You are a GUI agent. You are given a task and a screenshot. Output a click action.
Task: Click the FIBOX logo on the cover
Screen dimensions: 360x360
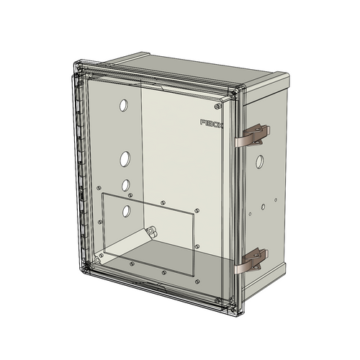point(212,124)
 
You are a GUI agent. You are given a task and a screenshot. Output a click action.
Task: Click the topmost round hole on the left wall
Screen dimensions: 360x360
point(123,106)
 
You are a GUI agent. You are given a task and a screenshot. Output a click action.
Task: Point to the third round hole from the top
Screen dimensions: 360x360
point(125,185)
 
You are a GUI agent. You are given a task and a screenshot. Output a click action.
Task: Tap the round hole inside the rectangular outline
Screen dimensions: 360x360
point(127,211)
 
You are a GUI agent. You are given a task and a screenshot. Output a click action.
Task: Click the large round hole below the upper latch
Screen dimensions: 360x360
point(258,161)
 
